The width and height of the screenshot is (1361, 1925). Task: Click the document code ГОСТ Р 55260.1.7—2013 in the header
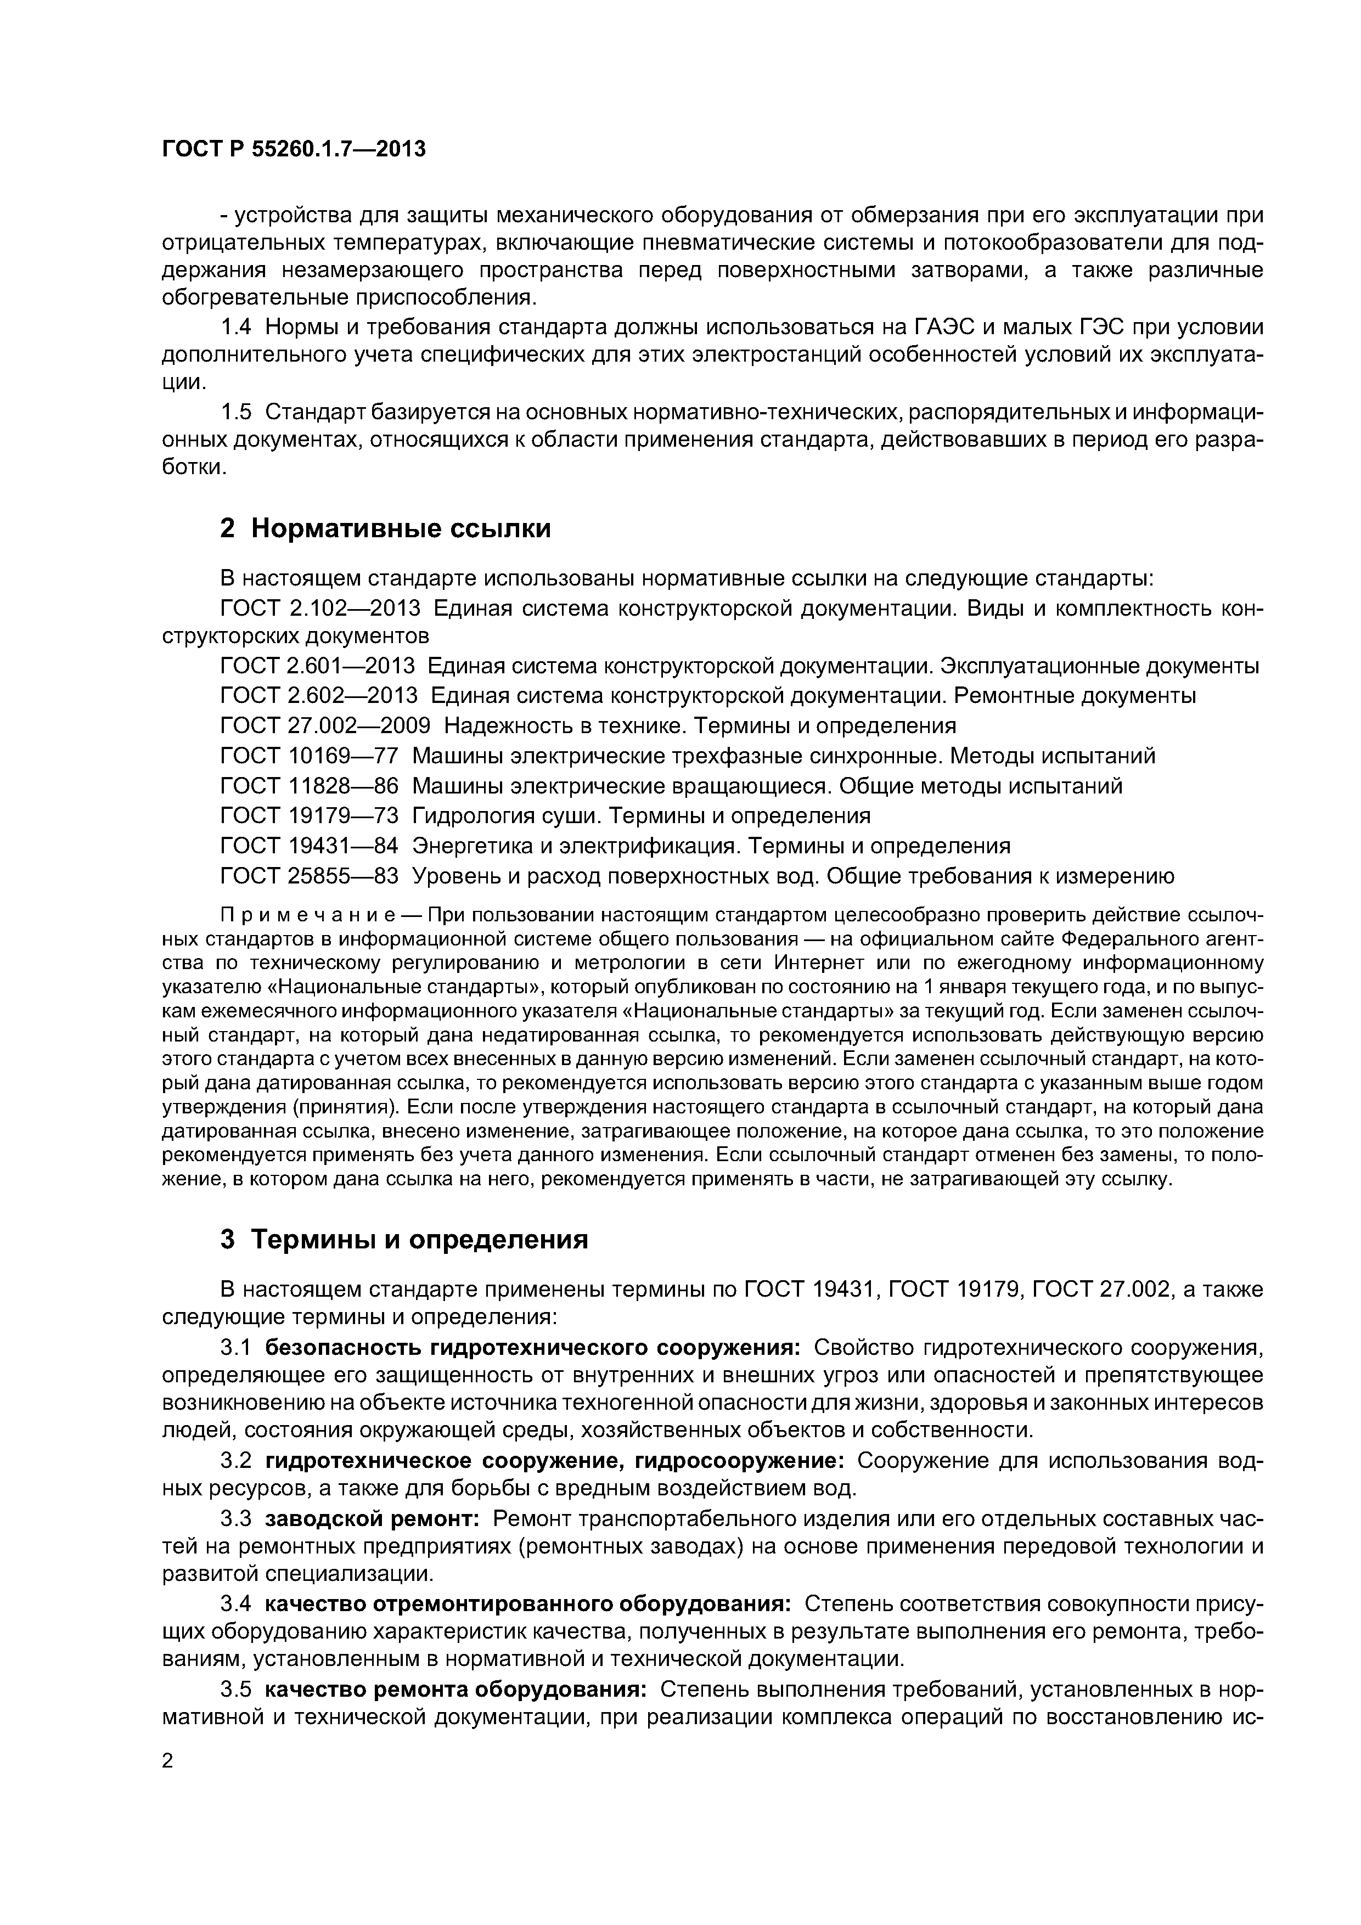294,149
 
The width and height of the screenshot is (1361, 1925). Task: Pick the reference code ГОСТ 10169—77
308,756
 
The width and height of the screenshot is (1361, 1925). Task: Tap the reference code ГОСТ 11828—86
308,786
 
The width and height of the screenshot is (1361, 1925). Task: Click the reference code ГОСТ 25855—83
308,876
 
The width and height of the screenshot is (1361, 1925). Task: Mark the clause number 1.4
235,327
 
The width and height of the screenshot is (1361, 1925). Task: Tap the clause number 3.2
235,1461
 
